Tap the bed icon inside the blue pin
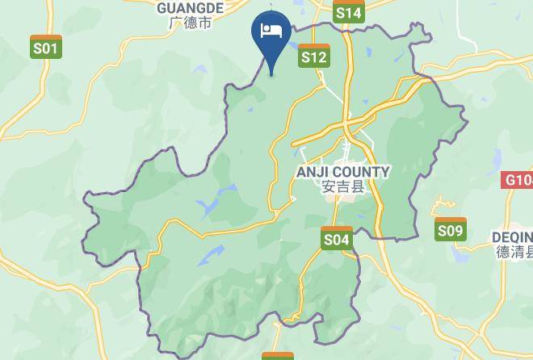click(x=271, y=31)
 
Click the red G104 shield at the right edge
click(x=518, y=180)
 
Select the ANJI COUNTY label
click(x=343, y=172)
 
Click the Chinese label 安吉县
click(x=343, y=187)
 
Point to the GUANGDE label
click(x=190, y=7)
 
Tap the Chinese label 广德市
click(x=191, y=23)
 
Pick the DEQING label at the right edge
click(x=512, y=237)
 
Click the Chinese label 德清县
click(x=514, y=252)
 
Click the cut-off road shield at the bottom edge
click(x=277, y=355)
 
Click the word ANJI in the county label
click(x=313, y=172)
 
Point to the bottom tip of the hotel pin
click(x=271, y=74)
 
